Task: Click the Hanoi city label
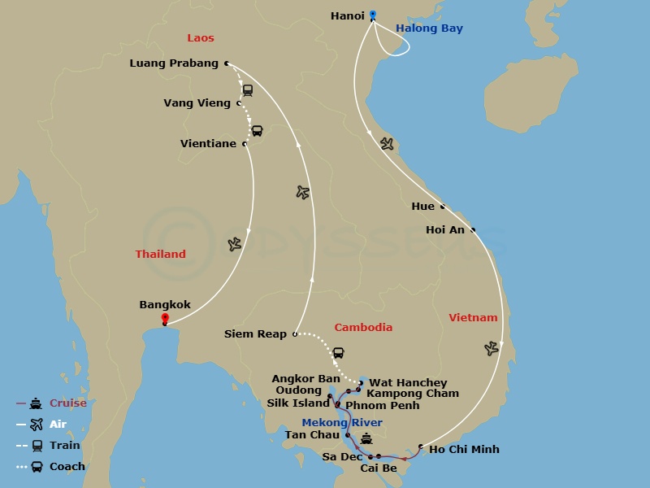348,15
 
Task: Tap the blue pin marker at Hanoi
373,15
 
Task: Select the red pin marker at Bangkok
165,318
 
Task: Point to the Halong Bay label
429,28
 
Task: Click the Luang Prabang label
174,63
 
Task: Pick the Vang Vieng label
197,103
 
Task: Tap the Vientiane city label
208,144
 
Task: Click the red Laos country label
201,38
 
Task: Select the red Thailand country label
160,254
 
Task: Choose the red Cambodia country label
363,327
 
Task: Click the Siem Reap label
255,333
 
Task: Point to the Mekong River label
342,422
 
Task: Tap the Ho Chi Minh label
464,449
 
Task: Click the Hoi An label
445,230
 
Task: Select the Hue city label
422,207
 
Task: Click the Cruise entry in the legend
67,403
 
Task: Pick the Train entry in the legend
64,446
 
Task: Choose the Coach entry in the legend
67,467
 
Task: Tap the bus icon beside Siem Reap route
339,353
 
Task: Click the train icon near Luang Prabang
248,90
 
